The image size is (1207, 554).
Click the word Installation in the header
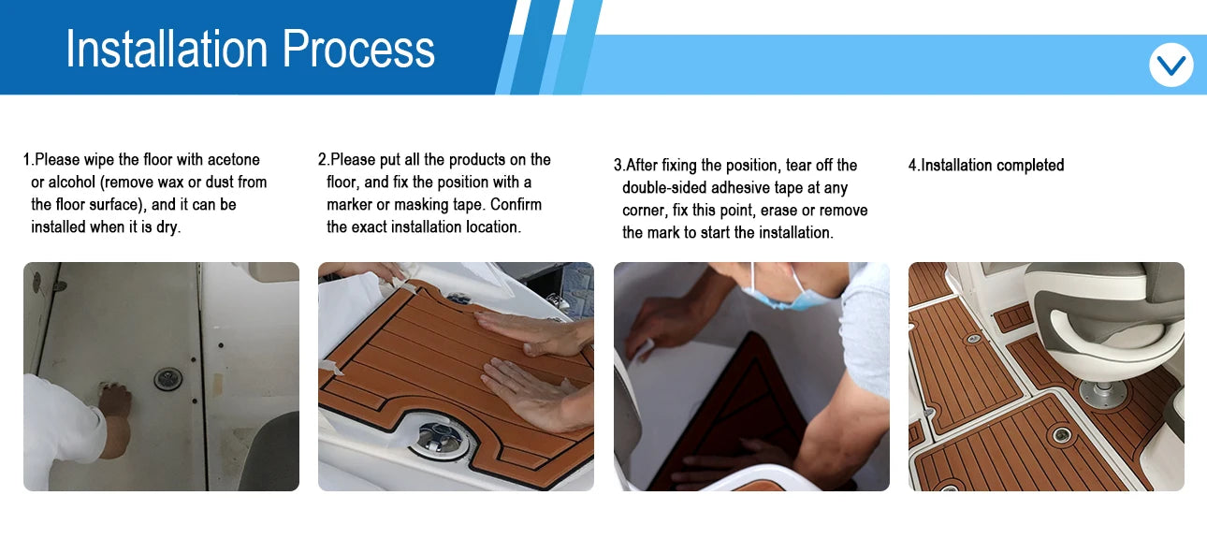click(x=166, y=49)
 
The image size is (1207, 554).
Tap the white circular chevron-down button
click(x=1171, y=66)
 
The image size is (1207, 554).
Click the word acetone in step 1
click(x=229, y=160)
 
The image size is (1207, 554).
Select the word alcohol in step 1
click(x=72, y=182)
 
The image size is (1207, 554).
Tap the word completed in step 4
click(x=1030, y=166)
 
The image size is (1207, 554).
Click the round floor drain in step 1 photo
click(x=168, y=379)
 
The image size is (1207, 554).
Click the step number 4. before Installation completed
click(x=913, y=166)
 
